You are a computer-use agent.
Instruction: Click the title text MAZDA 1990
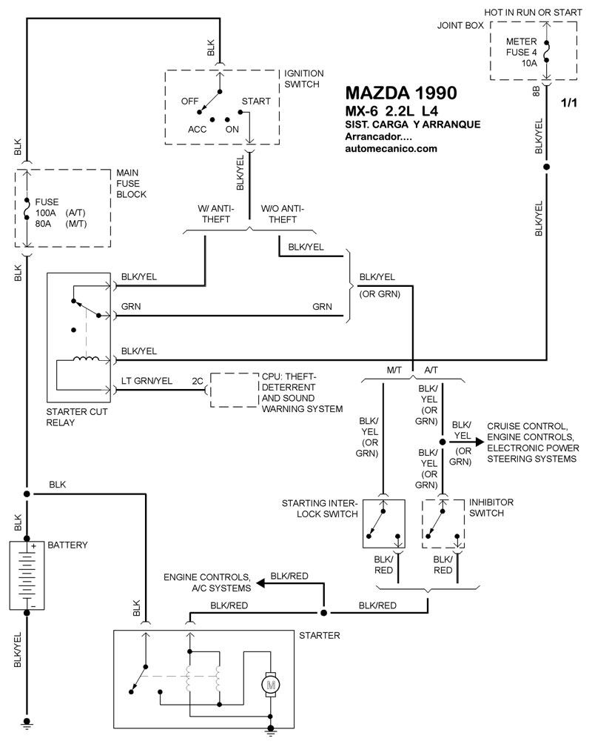[x=400, y=93]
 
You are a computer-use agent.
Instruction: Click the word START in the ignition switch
[x=255, y=102]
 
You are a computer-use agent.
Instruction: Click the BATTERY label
[x=67, y=545]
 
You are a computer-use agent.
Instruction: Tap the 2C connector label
[x=198, y=381]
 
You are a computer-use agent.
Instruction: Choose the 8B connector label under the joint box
[x=536, y=93]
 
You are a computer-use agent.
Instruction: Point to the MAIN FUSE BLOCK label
[x=131, y=184]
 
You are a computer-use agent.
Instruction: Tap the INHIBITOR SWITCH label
[x=491, y=508]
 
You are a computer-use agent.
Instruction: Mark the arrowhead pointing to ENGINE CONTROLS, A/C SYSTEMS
[x=261, y=585]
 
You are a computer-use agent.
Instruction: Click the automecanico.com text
[x=391, y=148]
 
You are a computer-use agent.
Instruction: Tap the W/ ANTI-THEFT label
[x=215, y=214]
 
